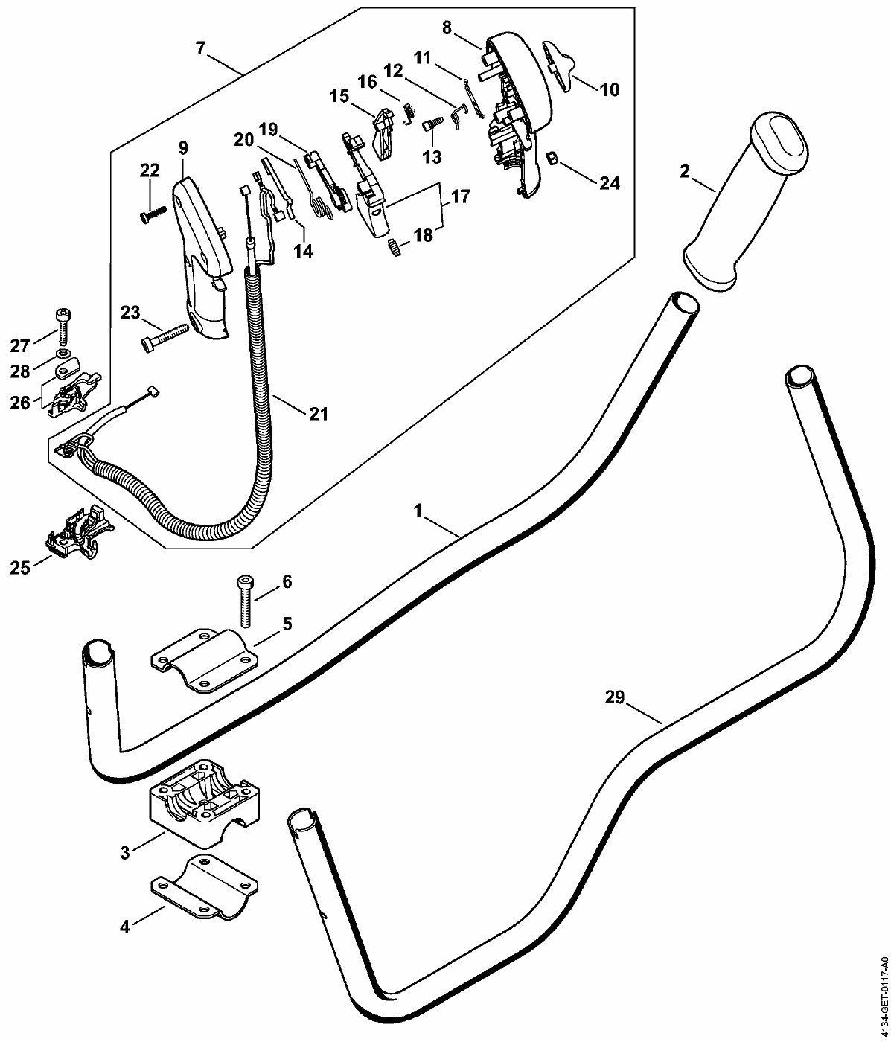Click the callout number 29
click(614, 697)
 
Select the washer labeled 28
click(63, 351)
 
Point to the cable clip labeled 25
click(79, 532)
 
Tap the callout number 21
click(319, 414)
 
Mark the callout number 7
click(199, 48)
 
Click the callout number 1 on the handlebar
click(418, 511)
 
